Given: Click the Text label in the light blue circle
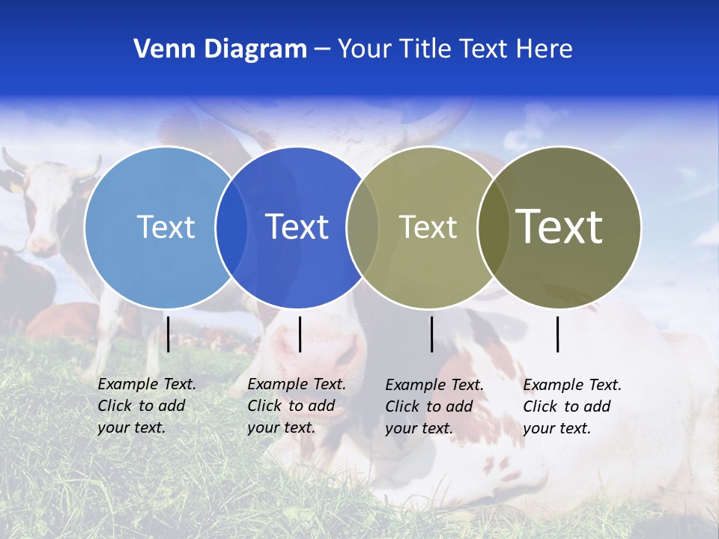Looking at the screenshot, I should (x=166, y=227).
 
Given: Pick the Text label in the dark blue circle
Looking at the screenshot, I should (x=297, y=227).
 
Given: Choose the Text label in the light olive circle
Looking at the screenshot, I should (x=428, y=227).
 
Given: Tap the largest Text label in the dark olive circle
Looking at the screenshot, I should (x=559, y=226).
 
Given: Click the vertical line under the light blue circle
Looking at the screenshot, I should (x=168, y=334).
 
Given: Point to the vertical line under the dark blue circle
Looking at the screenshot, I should (x=300, y=334).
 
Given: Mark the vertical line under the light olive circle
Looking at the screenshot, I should (x=431, y=334).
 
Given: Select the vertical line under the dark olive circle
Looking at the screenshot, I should (x=557, y=334).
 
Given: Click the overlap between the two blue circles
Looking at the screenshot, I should (x=231, y=227).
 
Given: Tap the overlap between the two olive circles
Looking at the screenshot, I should (x=494, y=227).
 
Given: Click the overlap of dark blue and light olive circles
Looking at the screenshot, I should (x=362, y=227).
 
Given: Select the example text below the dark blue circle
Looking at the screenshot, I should (x=296, y=406).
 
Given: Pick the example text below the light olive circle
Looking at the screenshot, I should (x=434, y=406).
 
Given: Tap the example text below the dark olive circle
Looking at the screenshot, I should (x=571, y=406).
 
